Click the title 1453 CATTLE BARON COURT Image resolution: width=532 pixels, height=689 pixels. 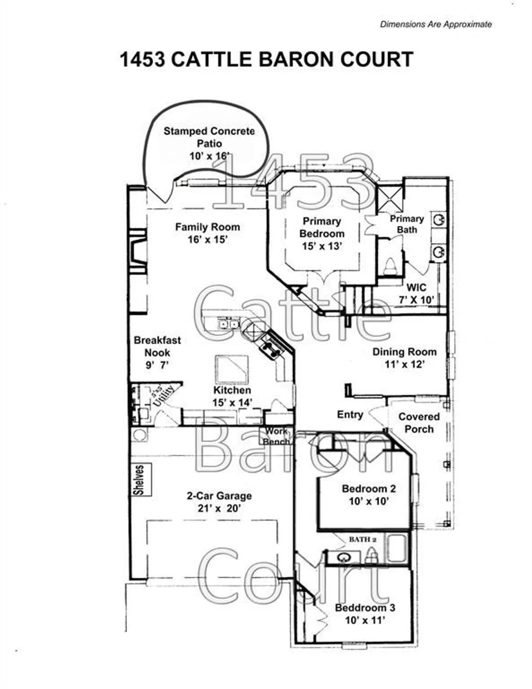pos(266,60)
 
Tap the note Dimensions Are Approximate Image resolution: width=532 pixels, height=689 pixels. pos(436,24)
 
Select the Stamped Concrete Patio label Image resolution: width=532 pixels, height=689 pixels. pos(209,137)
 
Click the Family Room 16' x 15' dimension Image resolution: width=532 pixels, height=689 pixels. pos(208,239)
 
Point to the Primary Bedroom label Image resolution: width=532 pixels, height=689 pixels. pos(322,227)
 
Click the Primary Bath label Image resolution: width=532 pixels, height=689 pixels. pos(407,224)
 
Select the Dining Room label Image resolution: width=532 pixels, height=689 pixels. pos(404,352)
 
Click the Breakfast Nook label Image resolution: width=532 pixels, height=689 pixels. pos(157,346)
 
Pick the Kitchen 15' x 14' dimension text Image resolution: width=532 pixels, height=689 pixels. pos(232,402)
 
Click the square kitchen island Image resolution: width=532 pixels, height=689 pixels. pos(232,369)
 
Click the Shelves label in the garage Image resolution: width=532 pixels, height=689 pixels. pos(139,480)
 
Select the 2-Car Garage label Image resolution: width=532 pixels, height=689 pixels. pos(219,496)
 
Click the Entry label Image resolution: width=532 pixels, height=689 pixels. pos(350,415)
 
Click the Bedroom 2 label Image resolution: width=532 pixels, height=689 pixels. pos(368,489)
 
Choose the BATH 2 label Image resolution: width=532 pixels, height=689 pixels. pos(362,539)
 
